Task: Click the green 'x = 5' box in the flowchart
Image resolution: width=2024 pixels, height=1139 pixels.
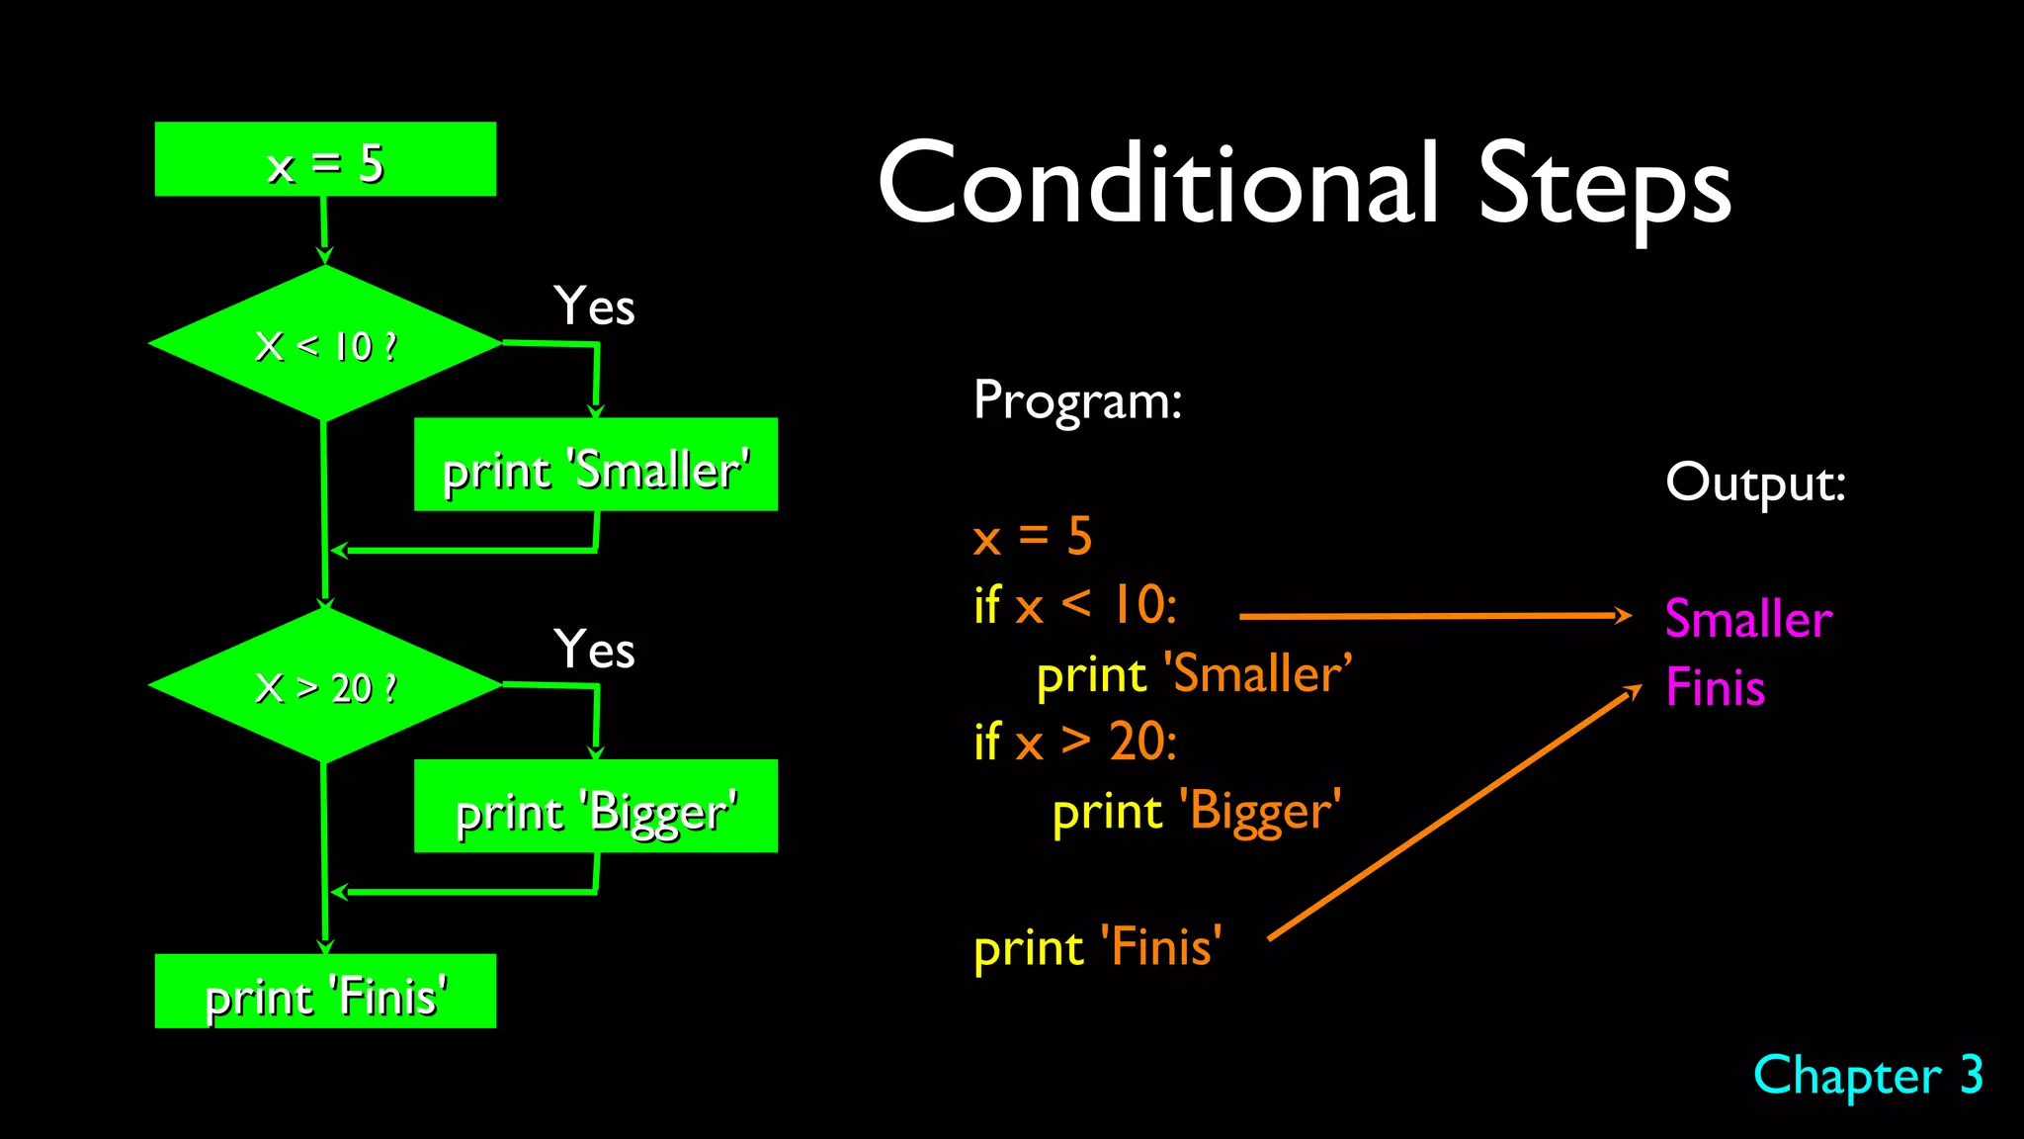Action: [325, 159]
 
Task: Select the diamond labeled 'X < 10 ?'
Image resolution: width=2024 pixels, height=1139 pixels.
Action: [325, 344]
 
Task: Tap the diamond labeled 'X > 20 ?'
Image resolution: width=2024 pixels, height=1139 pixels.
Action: [325, 685]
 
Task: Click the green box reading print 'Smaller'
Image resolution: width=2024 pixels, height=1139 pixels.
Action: [595, 465]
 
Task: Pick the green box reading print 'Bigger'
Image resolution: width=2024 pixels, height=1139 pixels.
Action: [595, 807]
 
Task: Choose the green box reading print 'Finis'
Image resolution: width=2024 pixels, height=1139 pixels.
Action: [325, 992]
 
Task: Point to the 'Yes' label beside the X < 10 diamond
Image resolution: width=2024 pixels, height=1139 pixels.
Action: [594, 307]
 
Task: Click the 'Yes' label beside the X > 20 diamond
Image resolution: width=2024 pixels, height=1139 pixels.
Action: [594, 650]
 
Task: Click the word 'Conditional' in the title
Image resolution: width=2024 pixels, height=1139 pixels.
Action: [1157, 184]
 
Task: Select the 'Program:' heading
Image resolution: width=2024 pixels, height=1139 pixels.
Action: [1077, 401]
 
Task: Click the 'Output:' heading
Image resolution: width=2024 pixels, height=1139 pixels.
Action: [1755, 483]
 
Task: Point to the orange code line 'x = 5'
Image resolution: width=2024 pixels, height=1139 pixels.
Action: [1033, 537]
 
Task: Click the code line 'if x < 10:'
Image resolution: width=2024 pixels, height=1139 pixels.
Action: [1075, 605]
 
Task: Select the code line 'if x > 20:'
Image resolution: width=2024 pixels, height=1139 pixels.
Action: [1075, 742]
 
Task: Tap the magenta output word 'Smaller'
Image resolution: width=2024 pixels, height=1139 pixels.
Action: [1748, 620]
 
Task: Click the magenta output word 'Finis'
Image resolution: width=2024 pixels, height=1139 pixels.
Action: [1715, 688]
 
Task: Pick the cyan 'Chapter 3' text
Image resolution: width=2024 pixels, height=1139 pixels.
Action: [1868, 1076]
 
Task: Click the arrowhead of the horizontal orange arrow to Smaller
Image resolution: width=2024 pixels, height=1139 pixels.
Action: [1622, 615]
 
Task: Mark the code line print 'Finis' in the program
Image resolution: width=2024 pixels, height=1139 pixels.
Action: [1097, 948]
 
